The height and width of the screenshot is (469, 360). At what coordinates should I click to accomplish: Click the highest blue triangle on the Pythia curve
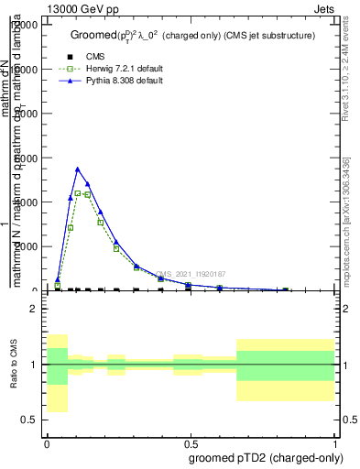78,169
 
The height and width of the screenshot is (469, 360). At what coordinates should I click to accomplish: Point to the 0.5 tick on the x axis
191,442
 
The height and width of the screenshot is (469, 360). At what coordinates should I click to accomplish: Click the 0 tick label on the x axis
47,442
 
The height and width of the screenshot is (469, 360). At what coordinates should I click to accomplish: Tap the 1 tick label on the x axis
335,442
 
